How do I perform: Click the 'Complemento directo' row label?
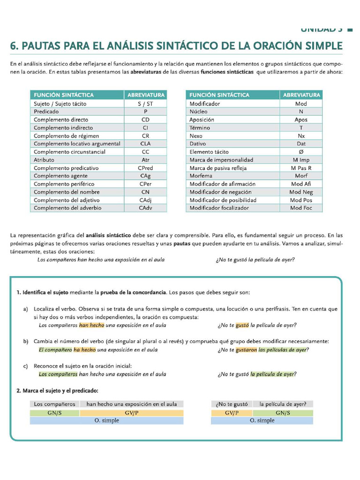(61, 120)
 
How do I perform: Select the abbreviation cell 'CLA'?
(145, 144)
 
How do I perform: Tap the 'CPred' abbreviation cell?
(145, 168)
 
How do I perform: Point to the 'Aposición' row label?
(202, 120)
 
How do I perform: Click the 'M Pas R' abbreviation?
(301, 168)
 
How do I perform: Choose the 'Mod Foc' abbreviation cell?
(301, 208)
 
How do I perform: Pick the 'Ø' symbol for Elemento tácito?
(301, 152)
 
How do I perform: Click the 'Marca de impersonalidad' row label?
(221, 160)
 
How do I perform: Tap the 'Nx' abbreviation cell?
(301, 136)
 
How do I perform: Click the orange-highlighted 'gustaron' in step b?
(246, 350)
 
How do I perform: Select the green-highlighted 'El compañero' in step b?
(55, 350)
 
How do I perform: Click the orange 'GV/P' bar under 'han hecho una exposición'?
(131, 412)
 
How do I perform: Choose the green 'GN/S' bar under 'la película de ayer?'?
(283, 412)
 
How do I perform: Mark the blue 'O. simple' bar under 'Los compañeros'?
(106, 420)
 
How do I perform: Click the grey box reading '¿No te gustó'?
(232, 404)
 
